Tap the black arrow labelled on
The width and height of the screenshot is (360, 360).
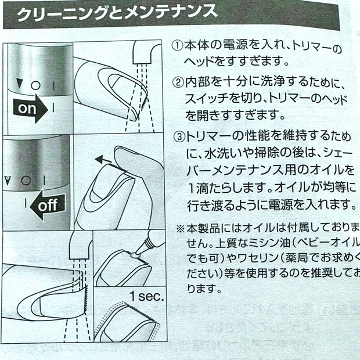click(32, 108)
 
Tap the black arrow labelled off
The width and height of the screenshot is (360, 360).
click(44, 204)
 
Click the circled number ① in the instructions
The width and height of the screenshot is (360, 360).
click(177, 46)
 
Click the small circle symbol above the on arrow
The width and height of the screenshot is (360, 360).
click(35, 85)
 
